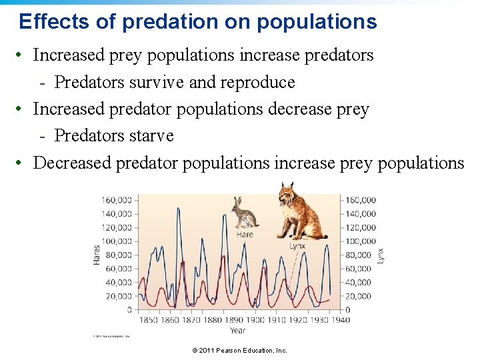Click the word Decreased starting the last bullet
(72, 163)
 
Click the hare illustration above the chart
(245, 213)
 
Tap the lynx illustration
(301, 211)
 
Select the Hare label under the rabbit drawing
(245, 234)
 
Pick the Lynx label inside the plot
(297, 246)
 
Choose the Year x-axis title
(237, 330)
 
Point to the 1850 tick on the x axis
(148, 320)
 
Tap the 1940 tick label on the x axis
(340, 320)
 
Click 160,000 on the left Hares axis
(117, 200)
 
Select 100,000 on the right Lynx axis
(360, 241)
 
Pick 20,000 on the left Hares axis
(119, 296)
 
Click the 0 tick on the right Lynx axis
(347, 310)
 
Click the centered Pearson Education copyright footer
(239, 351)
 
